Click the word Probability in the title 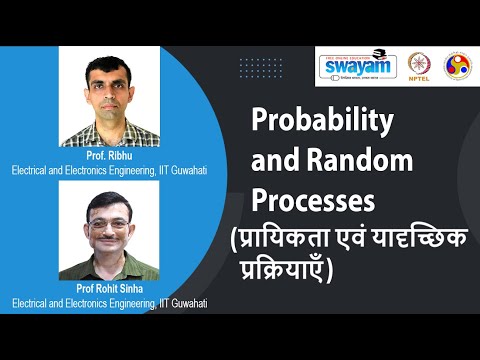[x=320, y=122]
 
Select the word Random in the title [x=351, y=160]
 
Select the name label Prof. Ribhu [x=109, y=157]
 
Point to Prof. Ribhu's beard [x=108, y=111]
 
